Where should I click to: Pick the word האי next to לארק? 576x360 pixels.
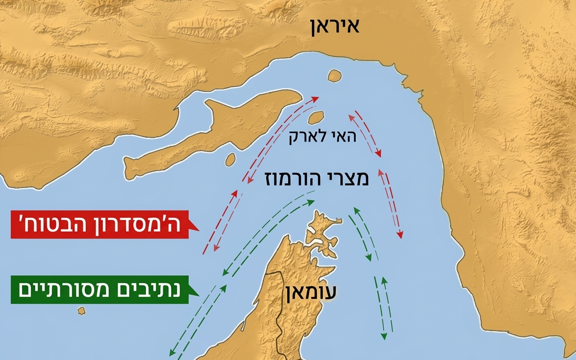348,138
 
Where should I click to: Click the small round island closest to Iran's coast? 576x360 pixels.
334,76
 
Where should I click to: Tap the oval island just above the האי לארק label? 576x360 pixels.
315,117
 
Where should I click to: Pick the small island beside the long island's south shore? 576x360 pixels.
229,159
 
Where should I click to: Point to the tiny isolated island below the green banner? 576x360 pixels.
81,311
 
